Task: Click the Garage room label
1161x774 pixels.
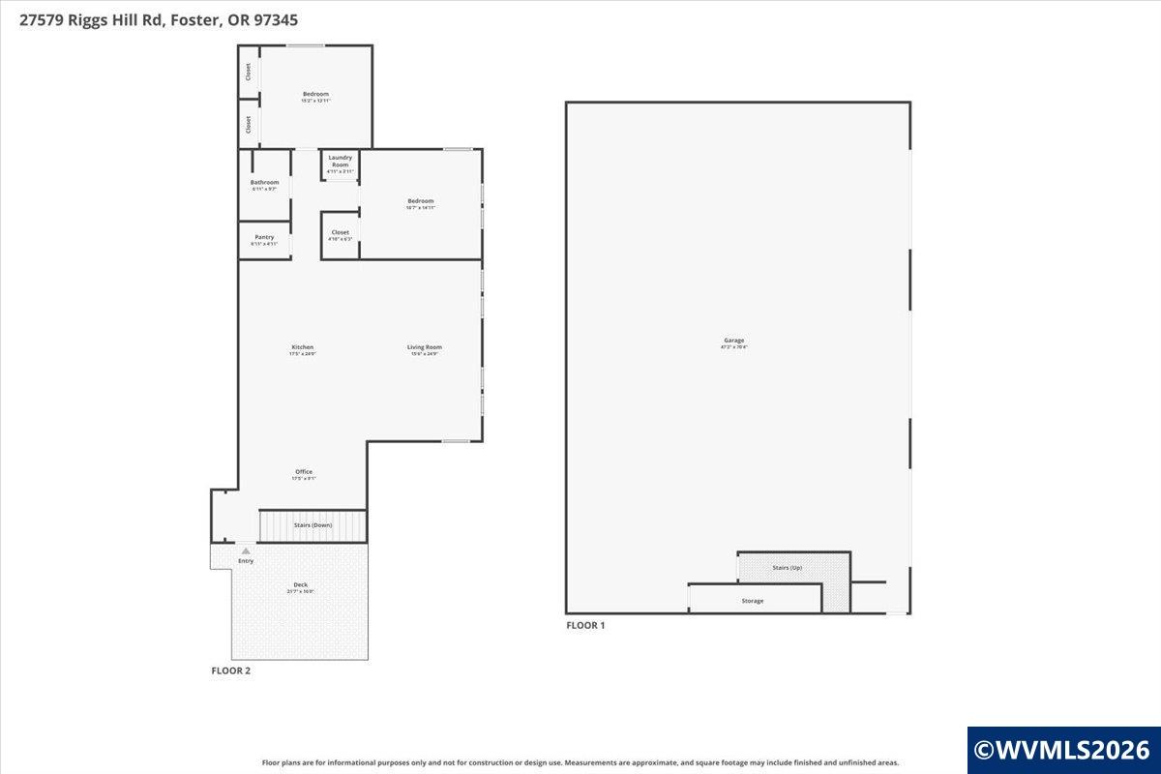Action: click(x=734, y=341)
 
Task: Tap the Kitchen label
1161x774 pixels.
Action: click(x=303, y=347)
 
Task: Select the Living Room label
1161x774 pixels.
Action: click(x=424, y=347)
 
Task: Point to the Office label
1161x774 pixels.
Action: click(x=304, y=472)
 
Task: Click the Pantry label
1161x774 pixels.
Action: click(x=264, y=237)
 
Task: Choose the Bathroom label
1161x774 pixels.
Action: click(x=264, y=183)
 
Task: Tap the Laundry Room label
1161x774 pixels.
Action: click(x=341, y=161)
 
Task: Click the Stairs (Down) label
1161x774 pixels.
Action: click(x=313, y=524)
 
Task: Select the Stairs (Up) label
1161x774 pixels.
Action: click(x=787, y=567)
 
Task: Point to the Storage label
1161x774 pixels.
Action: click(x=753, y=601)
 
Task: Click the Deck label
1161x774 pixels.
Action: click(x=301, y=585)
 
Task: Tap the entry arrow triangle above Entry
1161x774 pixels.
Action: click(x=246, y=551)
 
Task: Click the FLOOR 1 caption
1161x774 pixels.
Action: click(x=585, y=626)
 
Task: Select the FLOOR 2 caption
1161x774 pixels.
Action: click(x=231, y=670)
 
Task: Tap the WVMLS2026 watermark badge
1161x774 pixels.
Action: click(x=1062, y=750)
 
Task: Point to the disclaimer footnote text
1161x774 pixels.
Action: click(x=580, y=762)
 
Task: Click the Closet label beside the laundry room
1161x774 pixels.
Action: click(x=341, y=232)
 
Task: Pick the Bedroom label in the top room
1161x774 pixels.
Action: click(x=315, y=94)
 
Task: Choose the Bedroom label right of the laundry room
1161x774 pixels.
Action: click(x=421, y=201)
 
